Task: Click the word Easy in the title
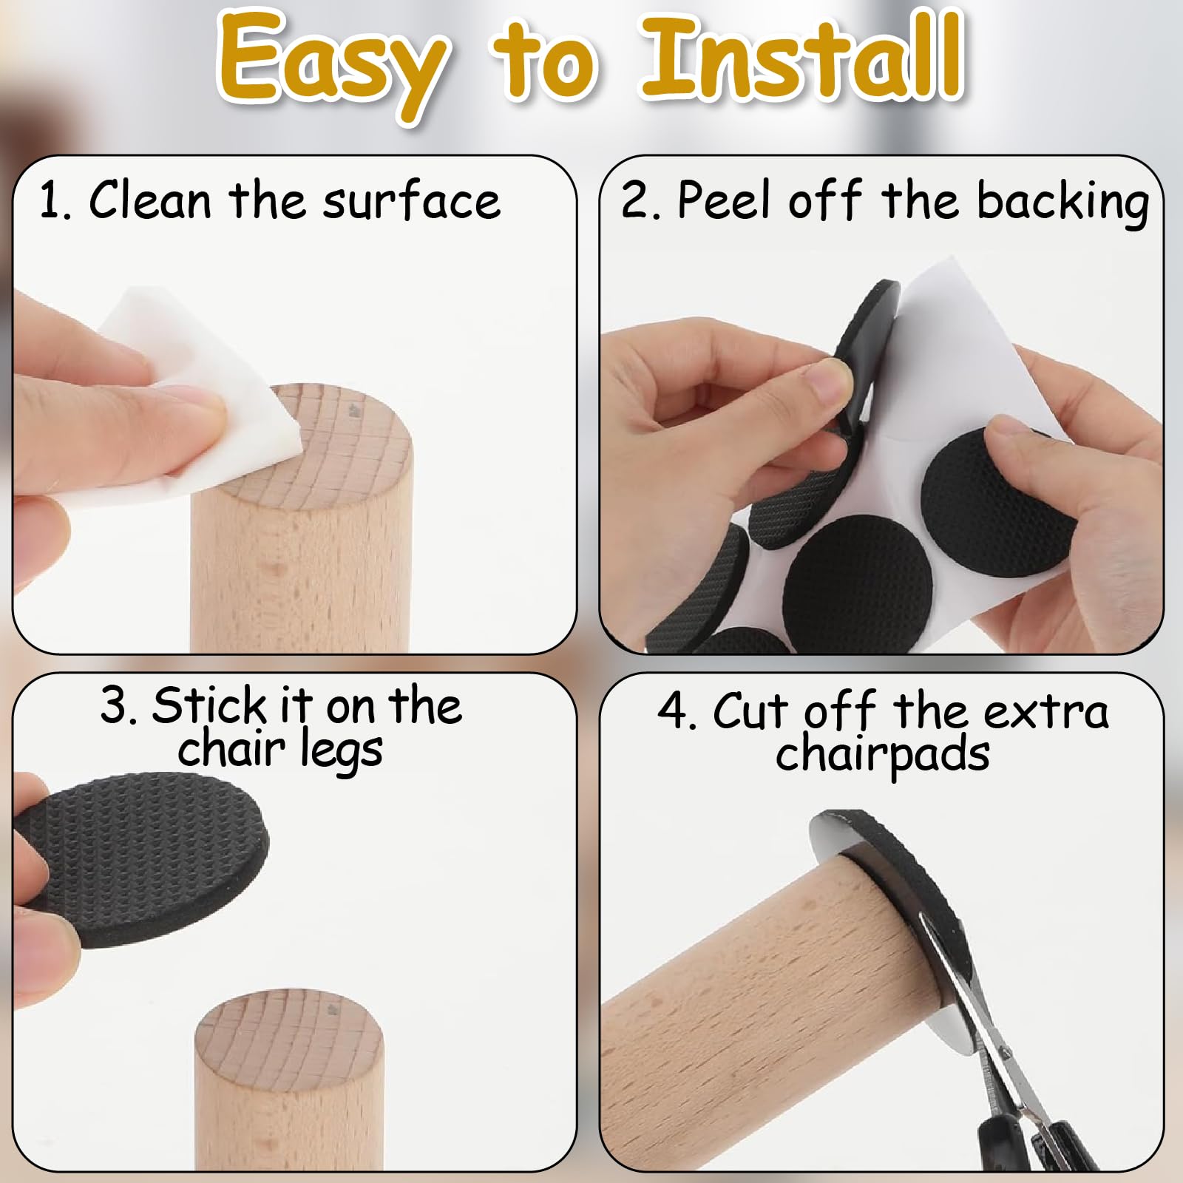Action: [x=333, y=63]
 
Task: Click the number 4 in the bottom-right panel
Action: [x=672, y=711]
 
